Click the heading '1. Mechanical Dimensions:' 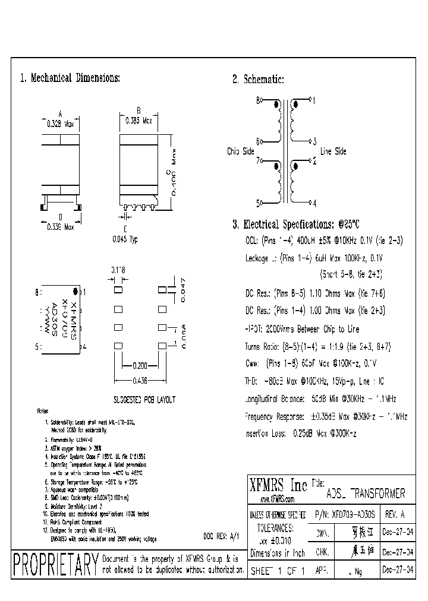pos(71,78)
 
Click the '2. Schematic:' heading pos(258,80)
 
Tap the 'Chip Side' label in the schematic pos(240,151)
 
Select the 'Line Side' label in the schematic pos(333,151)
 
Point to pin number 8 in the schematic pos(258,101)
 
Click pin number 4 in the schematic pos(314,203)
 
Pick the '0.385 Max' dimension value pos(139,120)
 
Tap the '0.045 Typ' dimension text pos(125,239)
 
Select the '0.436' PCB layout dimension pos(140,381)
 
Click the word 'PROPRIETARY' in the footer pos(55,565)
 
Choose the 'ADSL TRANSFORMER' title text pos(366,494)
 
